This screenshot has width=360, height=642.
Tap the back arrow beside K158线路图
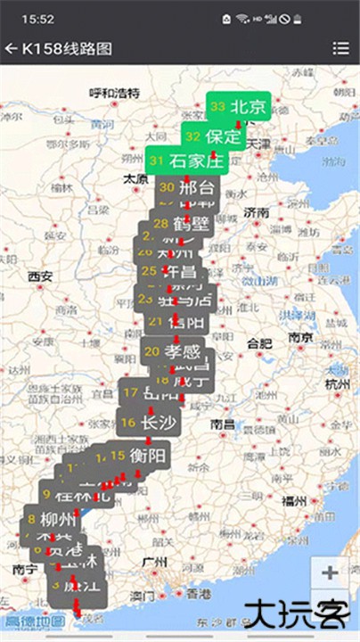coord(11,48)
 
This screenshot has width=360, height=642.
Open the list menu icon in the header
coord(340,48)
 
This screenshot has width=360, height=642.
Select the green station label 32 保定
coord(213,136)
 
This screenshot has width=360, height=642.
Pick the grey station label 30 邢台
coord(187,187)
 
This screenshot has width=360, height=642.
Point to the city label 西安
coord(40,276)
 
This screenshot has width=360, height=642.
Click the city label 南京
coord(300,338)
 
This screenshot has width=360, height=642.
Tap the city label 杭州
coord(338,383)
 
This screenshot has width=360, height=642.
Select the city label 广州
coord(154,563)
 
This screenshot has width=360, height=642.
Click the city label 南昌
coord(223,425)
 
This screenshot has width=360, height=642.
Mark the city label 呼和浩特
coord(115,93)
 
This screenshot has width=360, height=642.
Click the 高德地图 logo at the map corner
coord(35,621)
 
